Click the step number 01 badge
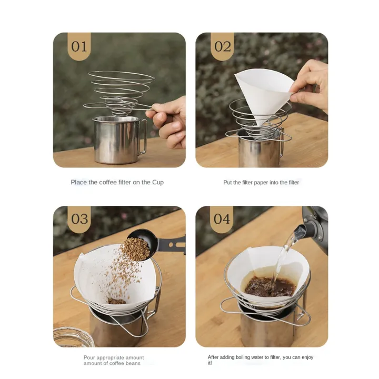79,46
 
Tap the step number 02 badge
222,46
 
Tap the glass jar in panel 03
74,337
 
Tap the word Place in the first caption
79,183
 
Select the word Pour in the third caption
89,357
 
